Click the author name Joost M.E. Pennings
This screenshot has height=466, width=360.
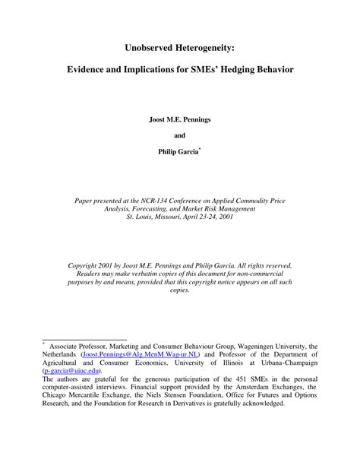(x=180, y=119)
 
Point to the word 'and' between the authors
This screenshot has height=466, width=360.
(x=180, y=135)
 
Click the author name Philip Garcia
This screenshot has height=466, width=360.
(x=178, y=152)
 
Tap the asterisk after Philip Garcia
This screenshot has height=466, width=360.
(x=201, y=149)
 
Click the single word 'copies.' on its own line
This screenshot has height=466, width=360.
(x=180, y=290)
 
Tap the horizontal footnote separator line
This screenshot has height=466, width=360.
(x=84, y=339)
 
